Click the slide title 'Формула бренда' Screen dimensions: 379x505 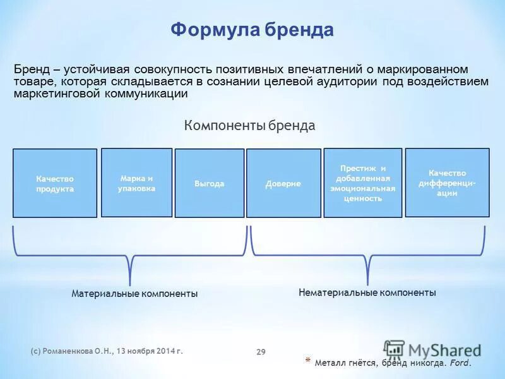[252, 30]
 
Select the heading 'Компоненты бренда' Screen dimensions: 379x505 [249, 126]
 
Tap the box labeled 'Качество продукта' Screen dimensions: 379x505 [55, 183]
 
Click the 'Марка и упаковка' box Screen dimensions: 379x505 [136, 183]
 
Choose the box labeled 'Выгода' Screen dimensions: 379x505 [210, 183]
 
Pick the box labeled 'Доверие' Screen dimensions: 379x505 [283, 183]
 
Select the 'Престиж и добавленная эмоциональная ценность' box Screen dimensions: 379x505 [362, 183]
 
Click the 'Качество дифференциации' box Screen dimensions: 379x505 [447, 183]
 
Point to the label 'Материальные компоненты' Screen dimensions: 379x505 [134, 294]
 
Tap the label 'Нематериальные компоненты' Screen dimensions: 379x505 [367, 292]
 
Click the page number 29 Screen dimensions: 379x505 [261, 352]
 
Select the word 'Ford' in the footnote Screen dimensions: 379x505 [460, 363]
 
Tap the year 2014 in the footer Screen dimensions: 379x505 [164, 351]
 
